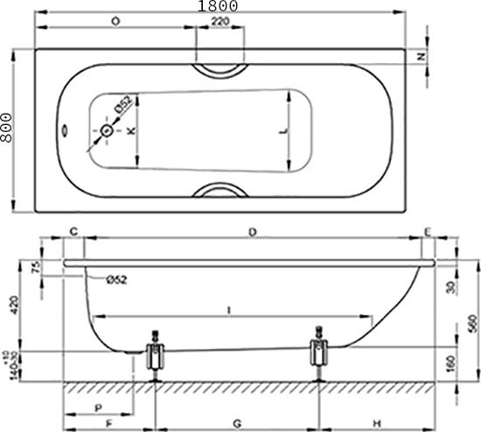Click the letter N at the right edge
[x=421, y=57]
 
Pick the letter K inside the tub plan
[x=131, y=131]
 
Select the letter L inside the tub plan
[x=281, y=131]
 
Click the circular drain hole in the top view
[x=108, y=131]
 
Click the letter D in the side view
[x=252, y=232]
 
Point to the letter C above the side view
[x=74, y=232]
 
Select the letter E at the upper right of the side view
[x=427, y=232]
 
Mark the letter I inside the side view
[x=227, y=310]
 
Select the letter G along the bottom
[x=238, y=423]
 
